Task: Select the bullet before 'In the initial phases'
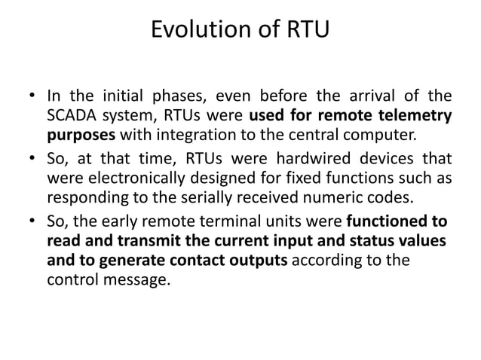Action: point(32,97)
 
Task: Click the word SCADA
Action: point(72,116)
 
